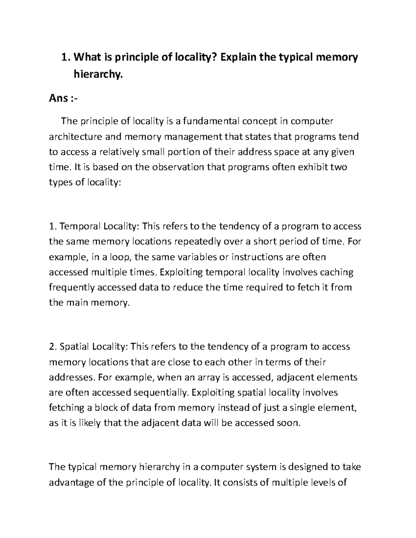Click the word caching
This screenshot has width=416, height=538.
[x=336, y=272]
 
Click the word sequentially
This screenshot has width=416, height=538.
[x=161, y=393]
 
